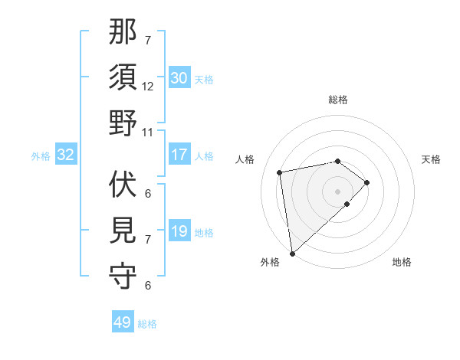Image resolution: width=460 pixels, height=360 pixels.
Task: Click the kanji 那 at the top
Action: tap(123, 33)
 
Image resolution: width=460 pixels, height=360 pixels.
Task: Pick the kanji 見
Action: tap(123, 230)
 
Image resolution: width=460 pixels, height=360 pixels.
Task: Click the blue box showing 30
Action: tap(179, 78)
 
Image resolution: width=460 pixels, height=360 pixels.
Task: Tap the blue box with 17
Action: tap(179, 155)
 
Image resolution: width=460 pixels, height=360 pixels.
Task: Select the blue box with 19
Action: tap(179, 231)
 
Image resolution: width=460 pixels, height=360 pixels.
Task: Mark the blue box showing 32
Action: tap(66, 155)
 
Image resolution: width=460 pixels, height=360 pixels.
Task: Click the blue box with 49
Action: tap(123, 322)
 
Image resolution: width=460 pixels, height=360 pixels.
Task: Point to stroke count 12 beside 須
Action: tap(148, 87)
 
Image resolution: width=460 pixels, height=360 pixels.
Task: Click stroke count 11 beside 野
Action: tap(148, 132)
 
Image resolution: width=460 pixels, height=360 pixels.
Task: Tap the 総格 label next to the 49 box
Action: tap(147, 324)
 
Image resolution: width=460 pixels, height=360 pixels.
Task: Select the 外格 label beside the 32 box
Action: tap(41, 156)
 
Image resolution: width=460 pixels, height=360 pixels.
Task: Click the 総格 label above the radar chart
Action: tap(337, 100)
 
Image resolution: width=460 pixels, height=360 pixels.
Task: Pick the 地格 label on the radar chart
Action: tap(402, 263)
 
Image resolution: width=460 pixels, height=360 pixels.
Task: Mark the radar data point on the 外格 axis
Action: tap(292, 254)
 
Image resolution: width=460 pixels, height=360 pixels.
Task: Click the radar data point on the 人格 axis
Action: tap(280, 172)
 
